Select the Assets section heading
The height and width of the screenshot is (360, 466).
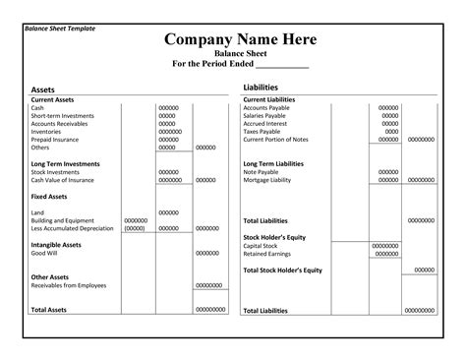(x=43, y=90)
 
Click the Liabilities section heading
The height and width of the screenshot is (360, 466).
(x=261, y=89)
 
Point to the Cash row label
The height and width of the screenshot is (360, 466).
(x=37, y=107)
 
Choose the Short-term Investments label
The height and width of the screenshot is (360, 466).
(x=62, y=115)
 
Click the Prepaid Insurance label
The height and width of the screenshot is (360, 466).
(x=55, y=140)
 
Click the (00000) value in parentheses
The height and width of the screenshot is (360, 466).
(x=135, y=228)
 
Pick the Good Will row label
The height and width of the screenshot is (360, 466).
(x=44, y=253)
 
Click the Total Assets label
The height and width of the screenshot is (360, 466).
(x=49, y=310)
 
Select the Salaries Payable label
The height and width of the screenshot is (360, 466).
(x=268, y=116)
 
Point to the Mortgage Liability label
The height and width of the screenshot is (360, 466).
(x=270, y=180)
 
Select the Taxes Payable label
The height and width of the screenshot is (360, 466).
(x=264, y=132)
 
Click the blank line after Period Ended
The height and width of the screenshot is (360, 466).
(x=283, y=66)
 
